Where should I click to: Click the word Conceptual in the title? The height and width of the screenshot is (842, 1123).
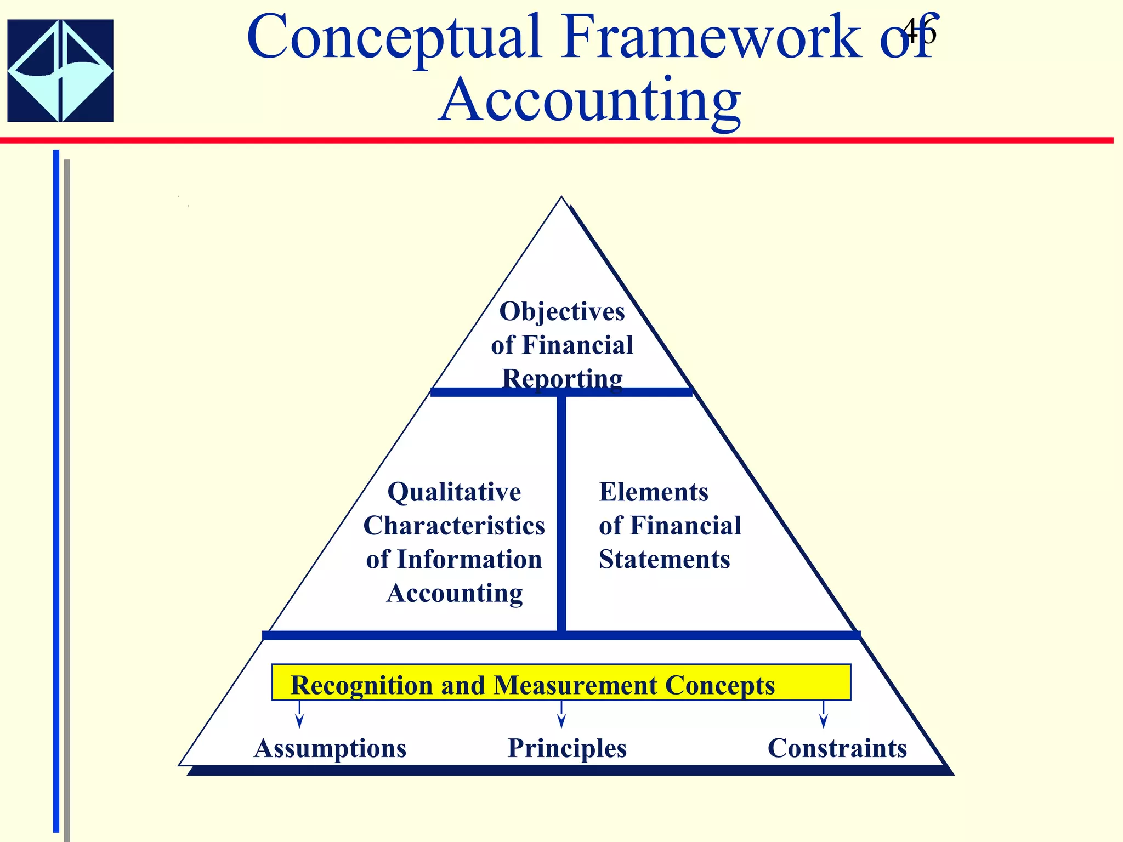tap(394, 38)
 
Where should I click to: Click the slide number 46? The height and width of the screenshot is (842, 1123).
tap(919, 32)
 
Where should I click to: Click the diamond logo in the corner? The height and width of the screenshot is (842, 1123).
tap(60, 71)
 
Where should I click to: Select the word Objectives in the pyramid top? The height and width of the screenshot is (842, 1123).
tap(561, 311)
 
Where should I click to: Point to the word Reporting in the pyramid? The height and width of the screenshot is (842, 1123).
tap(562, 378)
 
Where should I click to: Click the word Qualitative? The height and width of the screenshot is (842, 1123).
tap(454, 492)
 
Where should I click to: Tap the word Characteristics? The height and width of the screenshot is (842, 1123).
tap(454, 526)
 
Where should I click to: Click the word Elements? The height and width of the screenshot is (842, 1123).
tap(654, 492)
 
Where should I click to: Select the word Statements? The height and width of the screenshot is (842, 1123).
tap(664, 560)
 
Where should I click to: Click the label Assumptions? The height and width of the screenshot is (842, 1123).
tap(330, 748)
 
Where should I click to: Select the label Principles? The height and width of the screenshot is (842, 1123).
tap(567, 748)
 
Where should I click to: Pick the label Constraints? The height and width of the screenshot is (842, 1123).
tap(837, 748)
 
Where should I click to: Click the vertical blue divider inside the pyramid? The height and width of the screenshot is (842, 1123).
tap(561, 513)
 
